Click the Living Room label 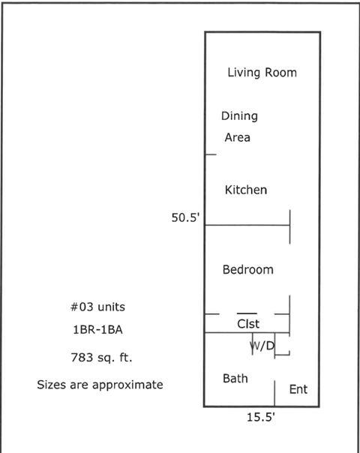[262, 73]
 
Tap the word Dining [239, 116]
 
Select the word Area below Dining [237, 138]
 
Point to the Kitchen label [245, 190]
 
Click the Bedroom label [247, 269]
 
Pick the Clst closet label [248, 324]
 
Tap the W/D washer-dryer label [261, 346]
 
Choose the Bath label [235, 378]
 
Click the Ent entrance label [298, 389]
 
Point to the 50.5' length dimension [185, 219]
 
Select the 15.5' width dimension [261, 418]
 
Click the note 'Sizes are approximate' [100, 385]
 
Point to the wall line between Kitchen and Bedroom [247, 224]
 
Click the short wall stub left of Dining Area [211, 154]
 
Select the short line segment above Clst [247, 313]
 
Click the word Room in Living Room [280, 73]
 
